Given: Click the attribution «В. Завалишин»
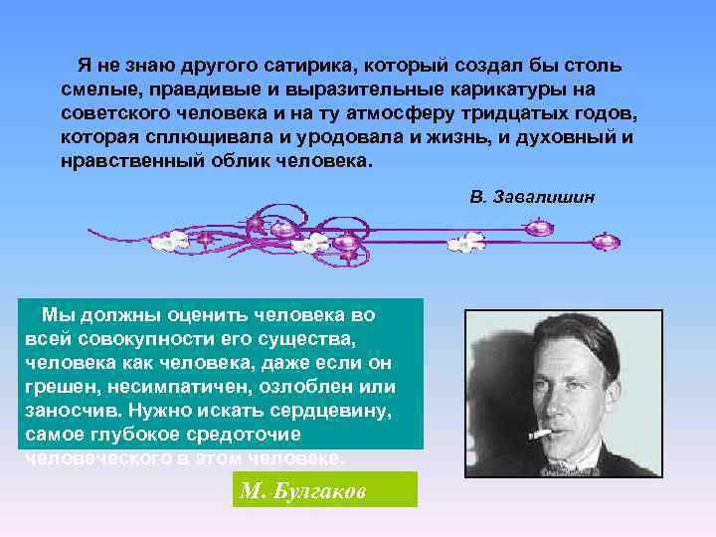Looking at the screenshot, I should pyautogui.click(x=533, y=197).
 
